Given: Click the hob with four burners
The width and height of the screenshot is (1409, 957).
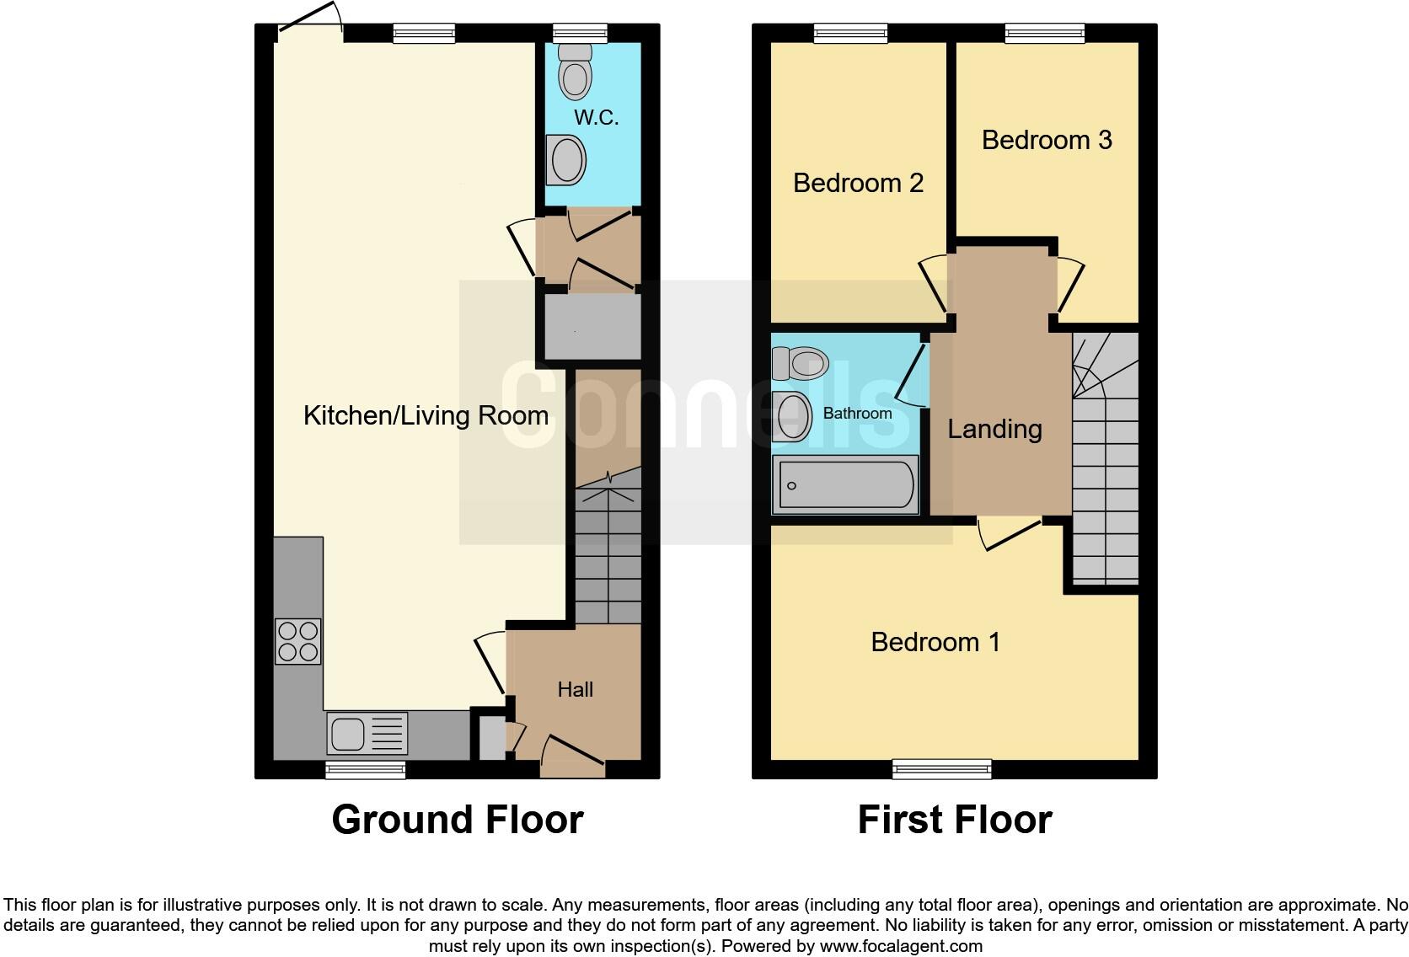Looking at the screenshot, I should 298,641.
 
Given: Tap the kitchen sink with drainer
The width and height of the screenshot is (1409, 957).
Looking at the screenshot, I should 367,733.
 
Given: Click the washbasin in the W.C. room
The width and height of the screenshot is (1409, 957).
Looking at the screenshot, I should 565,160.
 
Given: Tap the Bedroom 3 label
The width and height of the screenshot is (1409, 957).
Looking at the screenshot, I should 1047,140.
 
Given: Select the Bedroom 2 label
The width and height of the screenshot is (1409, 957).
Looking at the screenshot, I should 858,183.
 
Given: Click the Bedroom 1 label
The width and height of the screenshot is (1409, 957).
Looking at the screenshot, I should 935,642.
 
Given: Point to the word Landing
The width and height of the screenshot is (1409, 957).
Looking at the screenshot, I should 994,429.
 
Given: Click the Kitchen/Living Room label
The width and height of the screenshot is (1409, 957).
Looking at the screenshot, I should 426,415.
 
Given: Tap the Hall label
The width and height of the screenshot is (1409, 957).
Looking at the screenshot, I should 575,689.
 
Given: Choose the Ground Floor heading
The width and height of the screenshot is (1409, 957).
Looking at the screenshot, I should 457,820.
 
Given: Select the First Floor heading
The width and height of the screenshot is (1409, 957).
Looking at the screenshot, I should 954,820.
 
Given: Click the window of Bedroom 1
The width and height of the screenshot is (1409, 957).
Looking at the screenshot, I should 942,767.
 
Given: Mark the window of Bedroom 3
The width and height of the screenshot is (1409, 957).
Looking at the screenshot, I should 1044,33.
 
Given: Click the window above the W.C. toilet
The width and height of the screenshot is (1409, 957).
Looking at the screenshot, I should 580,33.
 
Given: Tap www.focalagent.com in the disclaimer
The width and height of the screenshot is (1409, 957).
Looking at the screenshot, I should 901,946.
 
